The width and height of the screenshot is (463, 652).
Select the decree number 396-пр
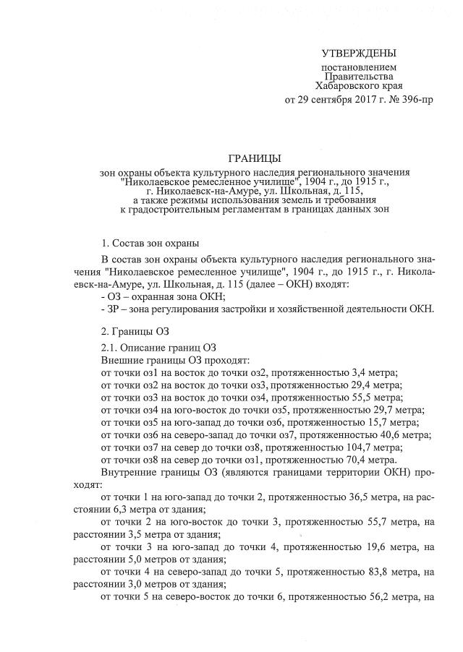click(x=418, y=98)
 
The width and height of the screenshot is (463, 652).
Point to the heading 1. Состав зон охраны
click(x=150, y=242)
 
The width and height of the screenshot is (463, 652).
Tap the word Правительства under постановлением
click(x=359, y=75)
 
